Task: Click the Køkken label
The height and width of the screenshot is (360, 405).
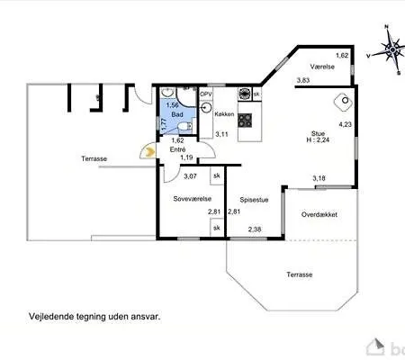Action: point(224,114)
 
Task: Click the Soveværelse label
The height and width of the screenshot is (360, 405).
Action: point(191,198)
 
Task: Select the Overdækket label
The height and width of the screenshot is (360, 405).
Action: point(319,215)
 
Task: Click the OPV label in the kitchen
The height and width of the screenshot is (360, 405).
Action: point(205,94)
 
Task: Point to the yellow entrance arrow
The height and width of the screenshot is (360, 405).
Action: point(144,153)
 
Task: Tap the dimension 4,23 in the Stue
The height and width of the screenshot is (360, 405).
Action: point(345,124)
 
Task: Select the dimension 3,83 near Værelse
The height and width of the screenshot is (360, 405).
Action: point(303,82)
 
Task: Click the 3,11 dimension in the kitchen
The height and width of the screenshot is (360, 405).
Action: point(221,134)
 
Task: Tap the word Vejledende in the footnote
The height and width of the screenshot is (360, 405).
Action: point(47,318)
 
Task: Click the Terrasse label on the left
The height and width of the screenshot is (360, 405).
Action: point(94,158)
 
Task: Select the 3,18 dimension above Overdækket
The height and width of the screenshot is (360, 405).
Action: point(319,178)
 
